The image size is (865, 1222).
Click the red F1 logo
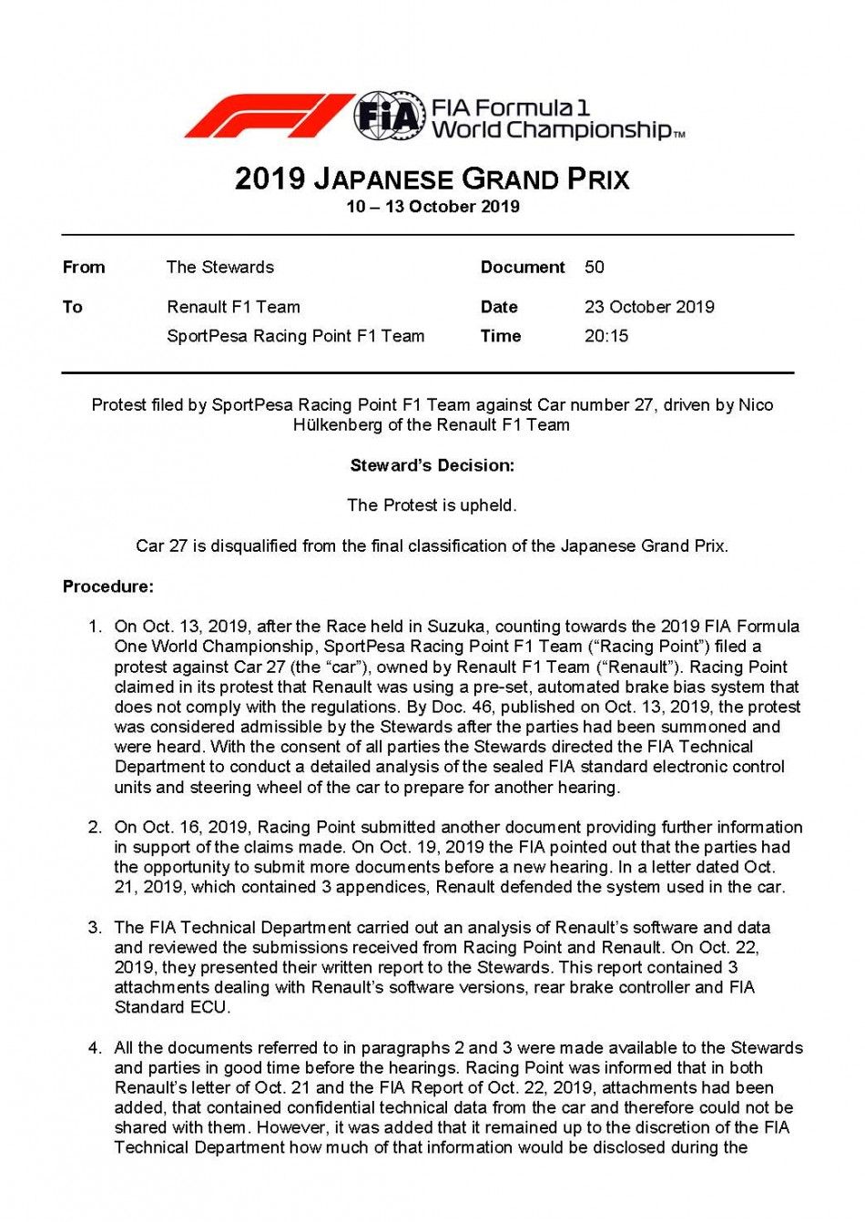tap(269, 117)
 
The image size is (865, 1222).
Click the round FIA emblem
tap(390, 117)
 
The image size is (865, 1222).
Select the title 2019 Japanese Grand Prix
tap(432, 178)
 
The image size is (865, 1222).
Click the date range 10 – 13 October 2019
tap(432, 207)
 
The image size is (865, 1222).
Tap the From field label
tap(84, 267)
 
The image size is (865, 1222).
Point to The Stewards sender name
tap(220, 267)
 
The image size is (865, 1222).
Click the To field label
tap(73, 307)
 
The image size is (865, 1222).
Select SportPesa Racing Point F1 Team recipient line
tap(295, 336)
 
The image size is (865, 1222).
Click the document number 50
tap(595, 267)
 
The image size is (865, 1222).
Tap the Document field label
tap(523, 267)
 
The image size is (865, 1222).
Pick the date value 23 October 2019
tap(649, 307)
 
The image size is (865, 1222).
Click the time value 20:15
tap(606, 336)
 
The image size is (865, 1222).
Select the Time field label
tap(501, 336)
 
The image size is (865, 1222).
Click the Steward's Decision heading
tap(432, 465)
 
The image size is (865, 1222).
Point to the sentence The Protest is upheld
tap(432, 505)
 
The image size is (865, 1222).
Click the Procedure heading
tap(108, 586)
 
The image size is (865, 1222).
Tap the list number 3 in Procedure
tap(95, 928)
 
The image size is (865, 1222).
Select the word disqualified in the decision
tap(256, 546)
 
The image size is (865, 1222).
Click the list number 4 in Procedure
tap(95, 1048)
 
